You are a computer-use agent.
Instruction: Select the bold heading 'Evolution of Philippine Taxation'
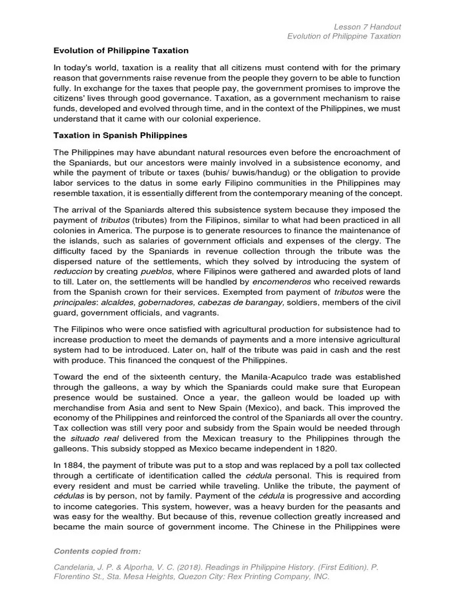tap(121, 51)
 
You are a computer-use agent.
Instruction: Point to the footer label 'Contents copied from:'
tap(98, 551)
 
